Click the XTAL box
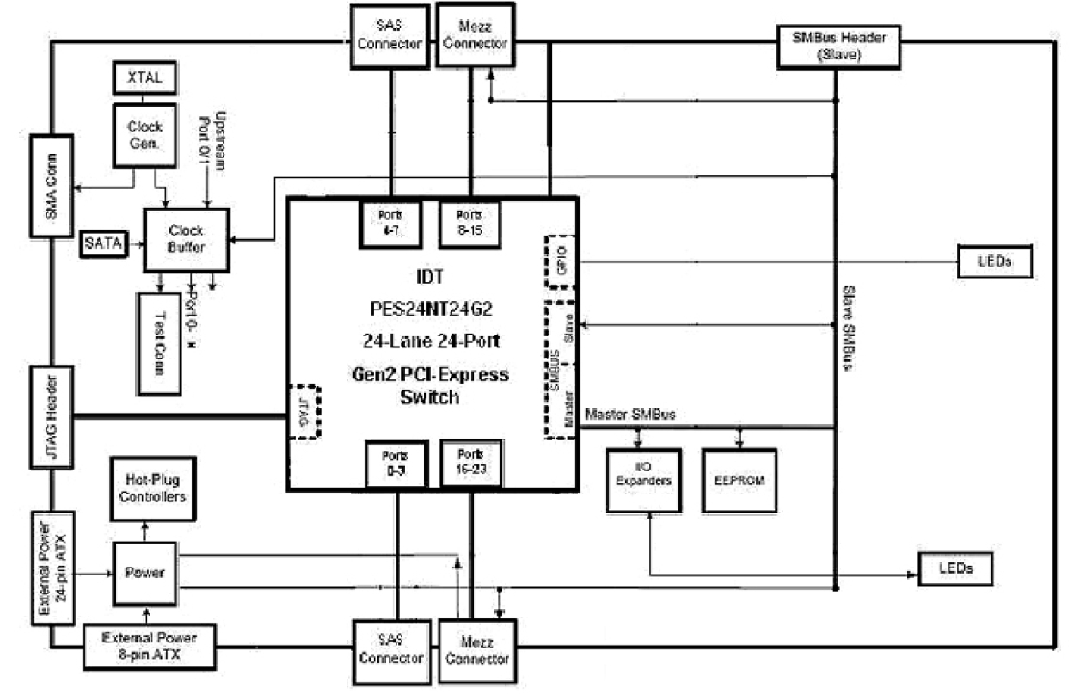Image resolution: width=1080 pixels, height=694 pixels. (x=144, y=78)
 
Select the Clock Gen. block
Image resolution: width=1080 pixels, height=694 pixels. (x=144, y=134)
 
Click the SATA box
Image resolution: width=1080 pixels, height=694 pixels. (x=103, y=244)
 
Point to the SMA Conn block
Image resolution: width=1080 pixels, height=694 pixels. (x=52, y=185)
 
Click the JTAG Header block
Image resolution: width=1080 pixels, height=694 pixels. (x=52, y=418)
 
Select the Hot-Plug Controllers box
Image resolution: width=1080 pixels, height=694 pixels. (x=151, y=489)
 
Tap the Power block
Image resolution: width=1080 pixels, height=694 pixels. (x=144, y=574)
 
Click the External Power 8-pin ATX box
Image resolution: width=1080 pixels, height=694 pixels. (x=150, y=646)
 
